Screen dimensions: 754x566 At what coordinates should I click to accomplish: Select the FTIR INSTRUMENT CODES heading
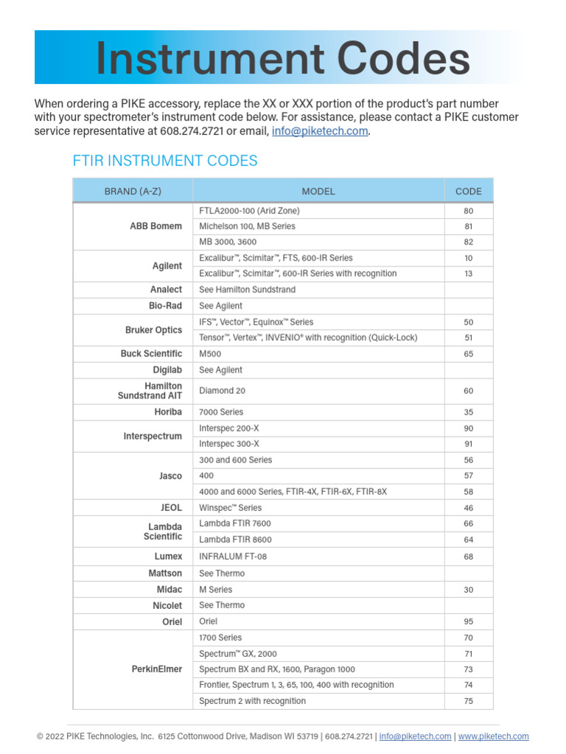tap(165, 161)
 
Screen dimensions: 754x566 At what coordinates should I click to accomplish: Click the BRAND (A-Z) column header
tap(133, 191)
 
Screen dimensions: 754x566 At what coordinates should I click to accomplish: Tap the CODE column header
tap(469, 191)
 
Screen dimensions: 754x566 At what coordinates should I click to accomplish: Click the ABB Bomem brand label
tap(156, 226)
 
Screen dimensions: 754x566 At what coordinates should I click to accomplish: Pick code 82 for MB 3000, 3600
tap(469, 242)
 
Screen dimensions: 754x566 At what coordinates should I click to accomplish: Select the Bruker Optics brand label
tap(153, 330)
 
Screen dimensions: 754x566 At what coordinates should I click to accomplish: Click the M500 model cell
tap(210, 354)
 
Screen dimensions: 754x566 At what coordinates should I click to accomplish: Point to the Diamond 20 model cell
tap(223, 391)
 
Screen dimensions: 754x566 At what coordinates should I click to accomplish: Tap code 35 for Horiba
tap(469, 412)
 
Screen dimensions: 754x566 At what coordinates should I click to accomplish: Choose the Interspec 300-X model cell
tap(229, 444)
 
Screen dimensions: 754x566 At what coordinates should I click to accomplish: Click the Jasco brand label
tap(170, 476)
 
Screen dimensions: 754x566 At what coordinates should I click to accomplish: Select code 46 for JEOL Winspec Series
tap(469, 508)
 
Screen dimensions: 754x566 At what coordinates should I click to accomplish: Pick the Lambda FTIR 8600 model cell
tap(235, 540)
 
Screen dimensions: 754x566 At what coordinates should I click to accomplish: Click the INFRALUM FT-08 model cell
tap(233, 557)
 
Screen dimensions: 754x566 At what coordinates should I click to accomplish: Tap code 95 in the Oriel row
tap(469, 621)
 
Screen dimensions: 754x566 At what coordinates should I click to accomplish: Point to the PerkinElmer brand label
tap(156, 669)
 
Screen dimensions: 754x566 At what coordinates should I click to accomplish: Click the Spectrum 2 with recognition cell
tap(252, 701)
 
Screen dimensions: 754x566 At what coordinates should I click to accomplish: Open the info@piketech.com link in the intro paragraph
tap(320, 131)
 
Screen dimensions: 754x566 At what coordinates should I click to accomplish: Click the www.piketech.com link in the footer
tap(493, 736)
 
